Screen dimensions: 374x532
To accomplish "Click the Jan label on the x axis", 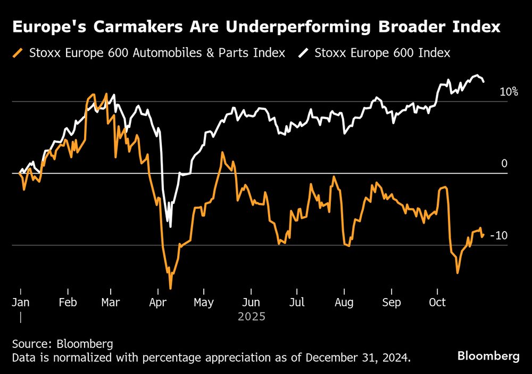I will click(x=20, y=303).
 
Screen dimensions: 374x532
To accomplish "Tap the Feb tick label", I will click(x=68, y=303).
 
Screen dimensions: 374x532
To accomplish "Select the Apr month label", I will click(x=158, y=303).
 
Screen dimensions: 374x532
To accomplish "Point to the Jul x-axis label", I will click(x=297, y=303).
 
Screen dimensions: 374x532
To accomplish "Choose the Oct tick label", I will click(x=437, y=303).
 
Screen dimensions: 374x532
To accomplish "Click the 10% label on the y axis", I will click(x=509, y=92).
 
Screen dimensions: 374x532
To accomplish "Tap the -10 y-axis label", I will click(x=498, y=235).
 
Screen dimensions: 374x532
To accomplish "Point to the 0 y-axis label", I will click(x=504, y=164).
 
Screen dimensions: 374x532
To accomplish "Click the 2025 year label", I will click(x=251, y=317).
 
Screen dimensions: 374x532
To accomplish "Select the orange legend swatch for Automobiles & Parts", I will click(x=20, y=53).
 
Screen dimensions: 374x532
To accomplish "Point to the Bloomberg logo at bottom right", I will click(x=488, y=356).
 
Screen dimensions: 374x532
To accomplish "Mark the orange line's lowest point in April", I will click(x=170, y=288).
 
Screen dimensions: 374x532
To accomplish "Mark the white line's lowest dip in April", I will click(x=170, y=227).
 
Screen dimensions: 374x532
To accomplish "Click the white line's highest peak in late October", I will click(x=477, y=75).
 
